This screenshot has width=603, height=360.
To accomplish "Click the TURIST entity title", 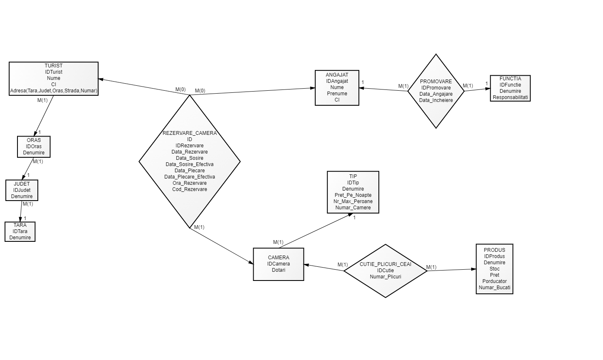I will point(54,66).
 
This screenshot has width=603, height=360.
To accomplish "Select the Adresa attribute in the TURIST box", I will point(54,91).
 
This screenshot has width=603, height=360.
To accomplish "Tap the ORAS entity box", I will point(34,146).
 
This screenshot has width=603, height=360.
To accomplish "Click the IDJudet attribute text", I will point(22,190).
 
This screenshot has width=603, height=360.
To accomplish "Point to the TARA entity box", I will point(20,231).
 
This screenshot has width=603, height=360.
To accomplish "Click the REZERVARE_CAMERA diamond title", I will point(190,133).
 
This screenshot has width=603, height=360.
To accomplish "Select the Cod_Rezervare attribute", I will point(190,189).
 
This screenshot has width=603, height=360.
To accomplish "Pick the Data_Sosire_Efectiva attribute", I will point(190,164).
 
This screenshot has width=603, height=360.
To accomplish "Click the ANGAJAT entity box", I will point(337,88).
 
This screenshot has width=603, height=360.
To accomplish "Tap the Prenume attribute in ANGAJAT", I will point(337,94).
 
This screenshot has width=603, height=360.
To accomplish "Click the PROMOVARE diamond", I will point(436,91).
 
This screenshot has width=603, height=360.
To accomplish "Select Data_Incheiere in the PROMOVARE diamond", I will point(436,100).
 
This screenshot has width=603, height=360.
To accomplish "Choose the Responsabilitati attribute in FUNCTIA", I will point(510,97).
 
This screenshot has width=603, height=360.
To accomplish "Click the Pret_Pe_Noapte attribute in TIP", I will point(353,195).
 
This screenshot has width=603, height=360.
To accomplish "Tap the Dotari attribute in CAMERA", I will point(279,270).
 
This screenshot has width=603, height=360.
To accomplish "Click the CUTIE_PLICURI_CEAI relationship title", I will point(386,264).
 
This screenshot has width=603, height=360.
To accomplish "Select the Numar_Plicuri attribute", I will point(386,277).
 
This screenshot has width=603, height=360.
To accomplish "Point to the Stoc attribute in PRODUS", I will point(494,269).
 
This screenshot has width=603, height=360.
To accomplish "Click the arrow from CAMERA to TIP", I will point(316,231).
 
